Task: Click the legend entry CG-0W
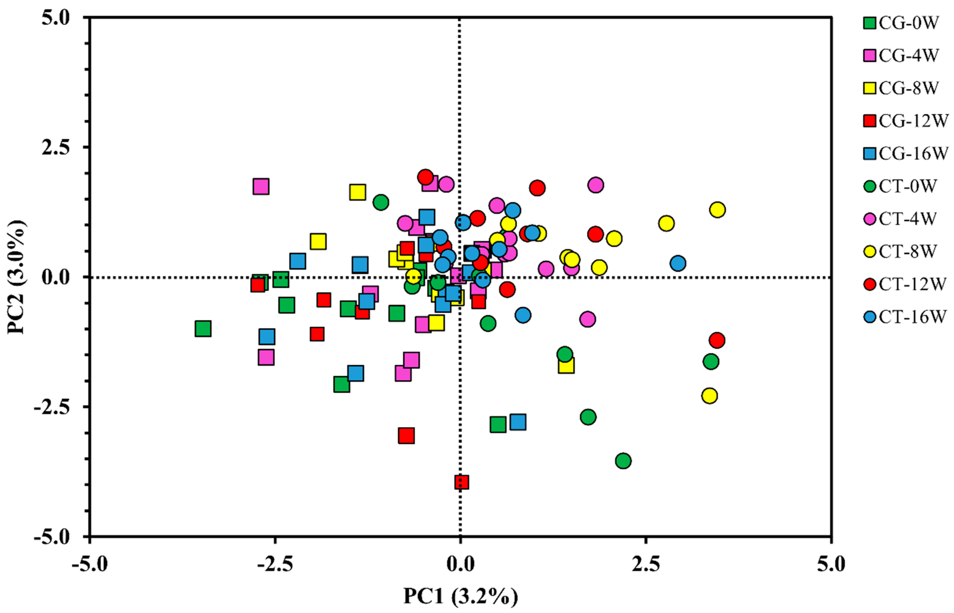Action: point(903,23)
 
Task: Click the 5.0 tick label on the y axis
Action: point(55,18)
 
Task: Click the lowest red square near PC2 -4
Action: point(461,482)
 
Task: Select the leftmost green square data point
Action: point(203,329)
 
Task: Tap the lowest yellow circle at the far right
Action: point(710,396)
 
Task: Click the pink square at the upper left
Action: point(261,186)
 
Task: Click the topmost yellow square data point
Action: point(358,192)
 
